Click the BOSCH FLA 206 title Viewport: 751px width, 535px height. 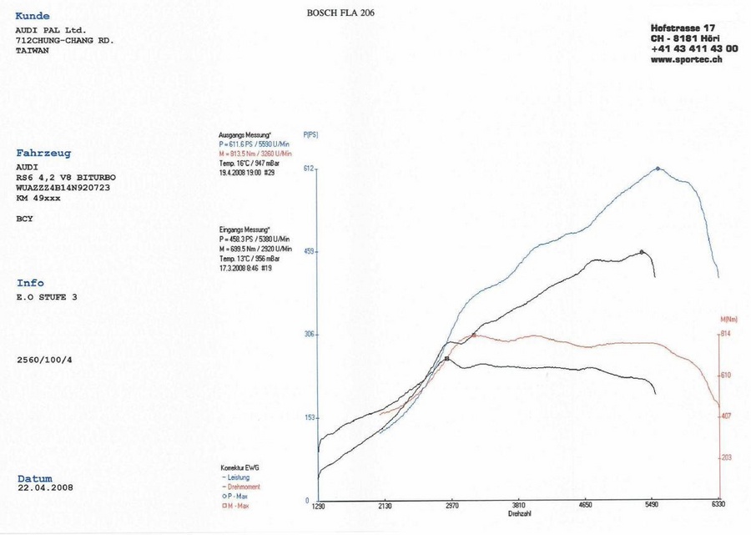coord(343,13)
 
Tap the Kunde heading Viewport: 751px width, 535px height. coord(33,16)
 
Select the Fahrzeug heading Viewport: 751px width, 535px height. coord(43,154)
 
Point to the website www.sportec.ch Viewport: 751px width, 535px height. coord(687,60)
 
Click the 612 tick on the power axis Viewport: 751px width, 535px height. coord(308,169)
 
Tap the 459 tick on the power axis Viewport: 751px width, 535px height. coord(308,251)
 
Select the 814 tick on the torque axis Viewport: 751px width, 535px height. coord(726,334)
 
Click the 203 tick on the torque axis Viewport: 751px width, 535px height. coord(726,457)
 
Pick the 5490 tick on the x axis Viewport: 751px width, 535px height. coord(652,506)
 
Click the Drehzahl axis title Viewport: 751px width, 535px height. coord(519,514)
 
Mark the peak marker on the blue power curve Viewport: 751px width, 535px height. coord(658,169)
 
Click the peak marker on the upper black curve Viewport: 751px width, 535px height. coord(641,251)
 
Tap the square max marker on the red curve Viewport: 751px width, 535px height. coord(474,335)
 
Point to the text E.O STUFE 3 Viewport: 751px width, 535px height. coord(46,296)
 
